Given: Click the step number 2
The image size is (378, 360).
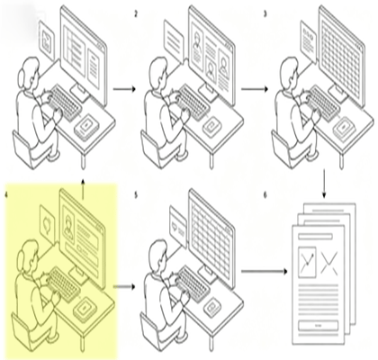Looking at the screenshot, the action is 136,14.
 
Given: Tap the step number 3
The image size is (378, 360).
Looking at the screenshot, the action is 265,14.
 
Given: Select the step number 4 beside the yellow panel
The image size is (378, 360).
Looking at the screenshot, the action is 6,195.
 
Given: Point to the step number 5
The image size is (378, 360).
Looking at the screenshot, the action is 136,195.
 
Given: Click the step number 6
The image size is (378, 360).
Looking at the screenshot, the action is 265,195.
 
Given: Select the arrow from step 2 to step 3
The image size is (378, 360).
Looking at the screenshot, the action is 255,89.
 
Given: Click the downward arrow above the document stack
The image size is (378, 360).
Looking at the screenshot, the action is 324,184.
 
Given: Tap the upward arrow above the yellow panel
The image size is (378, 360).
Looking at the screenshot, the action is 83,188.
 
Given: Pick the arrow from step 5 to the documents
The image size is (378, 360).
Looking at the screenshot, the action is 265,272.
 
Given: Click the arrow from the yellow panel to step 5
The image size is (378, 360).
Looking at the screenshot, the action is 123,287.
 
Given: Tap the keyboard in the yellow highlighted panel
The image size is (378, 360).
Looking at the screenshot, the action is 63,283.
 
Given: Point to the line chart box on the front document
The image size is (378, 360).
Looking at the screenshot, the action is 307,262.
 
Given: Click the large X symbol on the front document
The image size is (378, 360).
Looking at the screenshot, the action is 328,263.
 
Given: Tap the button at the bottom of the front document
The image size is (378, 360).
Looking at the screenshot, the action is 318,326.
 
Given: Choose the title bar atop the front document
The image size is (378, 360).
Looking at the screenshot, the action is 315,237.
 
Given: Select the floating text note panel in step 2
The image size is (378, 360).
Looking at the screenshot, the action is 174,40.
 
